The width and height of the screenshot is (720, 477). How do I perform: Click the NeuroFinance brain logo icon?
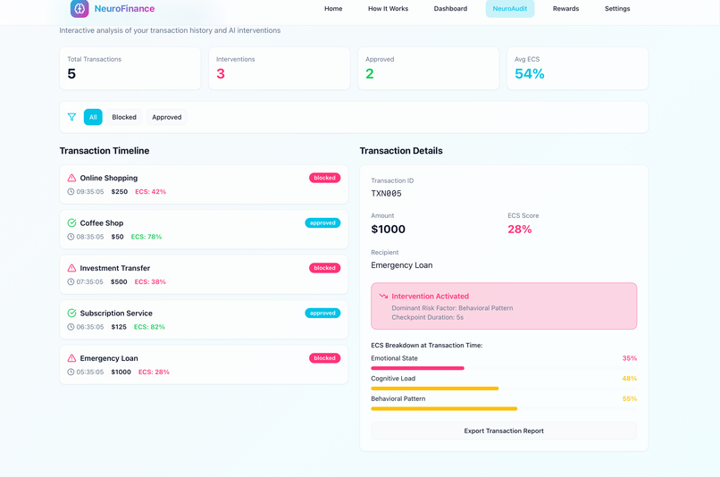(x=80, y=9)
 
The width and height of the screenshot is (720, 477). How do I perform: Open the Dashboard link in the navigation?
(x=450, y=9)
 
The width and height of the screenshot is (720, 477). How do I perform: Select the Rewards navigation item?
(x=565, y=9)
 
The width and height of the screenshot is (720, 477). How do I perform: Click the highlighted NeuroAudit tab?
(x=510, y=9)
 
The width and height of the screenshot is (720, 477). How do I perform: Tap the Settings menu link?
(x=617, y=9)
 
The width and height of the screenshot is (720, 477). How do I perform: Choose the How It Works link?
(x=388, y=9)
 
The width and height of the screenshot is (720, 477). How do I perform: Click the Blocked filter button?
(x=124, y=117)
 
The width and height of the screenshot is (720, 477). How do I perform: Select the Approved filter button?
(x=166, y=117)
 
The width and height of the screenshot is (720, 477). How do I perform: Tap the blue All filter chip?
(x=93, y=117)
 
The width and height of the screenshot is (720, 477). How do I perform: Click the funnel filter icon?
(x=71, y=117)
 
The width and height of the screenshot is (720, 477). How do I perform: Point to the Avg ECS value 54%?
(x=529, y=74)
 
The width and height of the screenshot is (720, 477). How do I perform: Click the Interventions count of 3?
(x=221, y=74)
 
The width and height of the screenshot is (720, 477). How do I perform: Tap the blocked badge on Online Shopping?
(x=324, y=178)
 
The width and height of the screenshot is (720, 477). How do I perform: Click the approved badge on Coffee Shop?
(x=322, y=223)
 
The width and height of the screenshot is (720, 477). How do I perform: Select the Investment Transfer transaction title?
(x=114, y=268)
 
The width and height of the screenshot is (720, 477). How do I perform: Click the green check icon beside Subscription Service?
(x=71, y=314)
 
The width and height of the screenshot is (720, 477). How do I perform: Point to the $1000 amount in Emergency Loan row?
(x=121, y=372)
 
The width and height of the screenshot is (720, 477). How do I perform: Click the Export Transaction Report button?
(x=504, y=431)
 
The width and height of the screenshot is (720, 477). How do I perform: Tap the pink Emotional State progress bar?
(x=417, y=368)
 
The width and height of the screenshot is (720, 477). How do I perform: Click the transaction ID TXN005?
(x=386, y=194)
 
